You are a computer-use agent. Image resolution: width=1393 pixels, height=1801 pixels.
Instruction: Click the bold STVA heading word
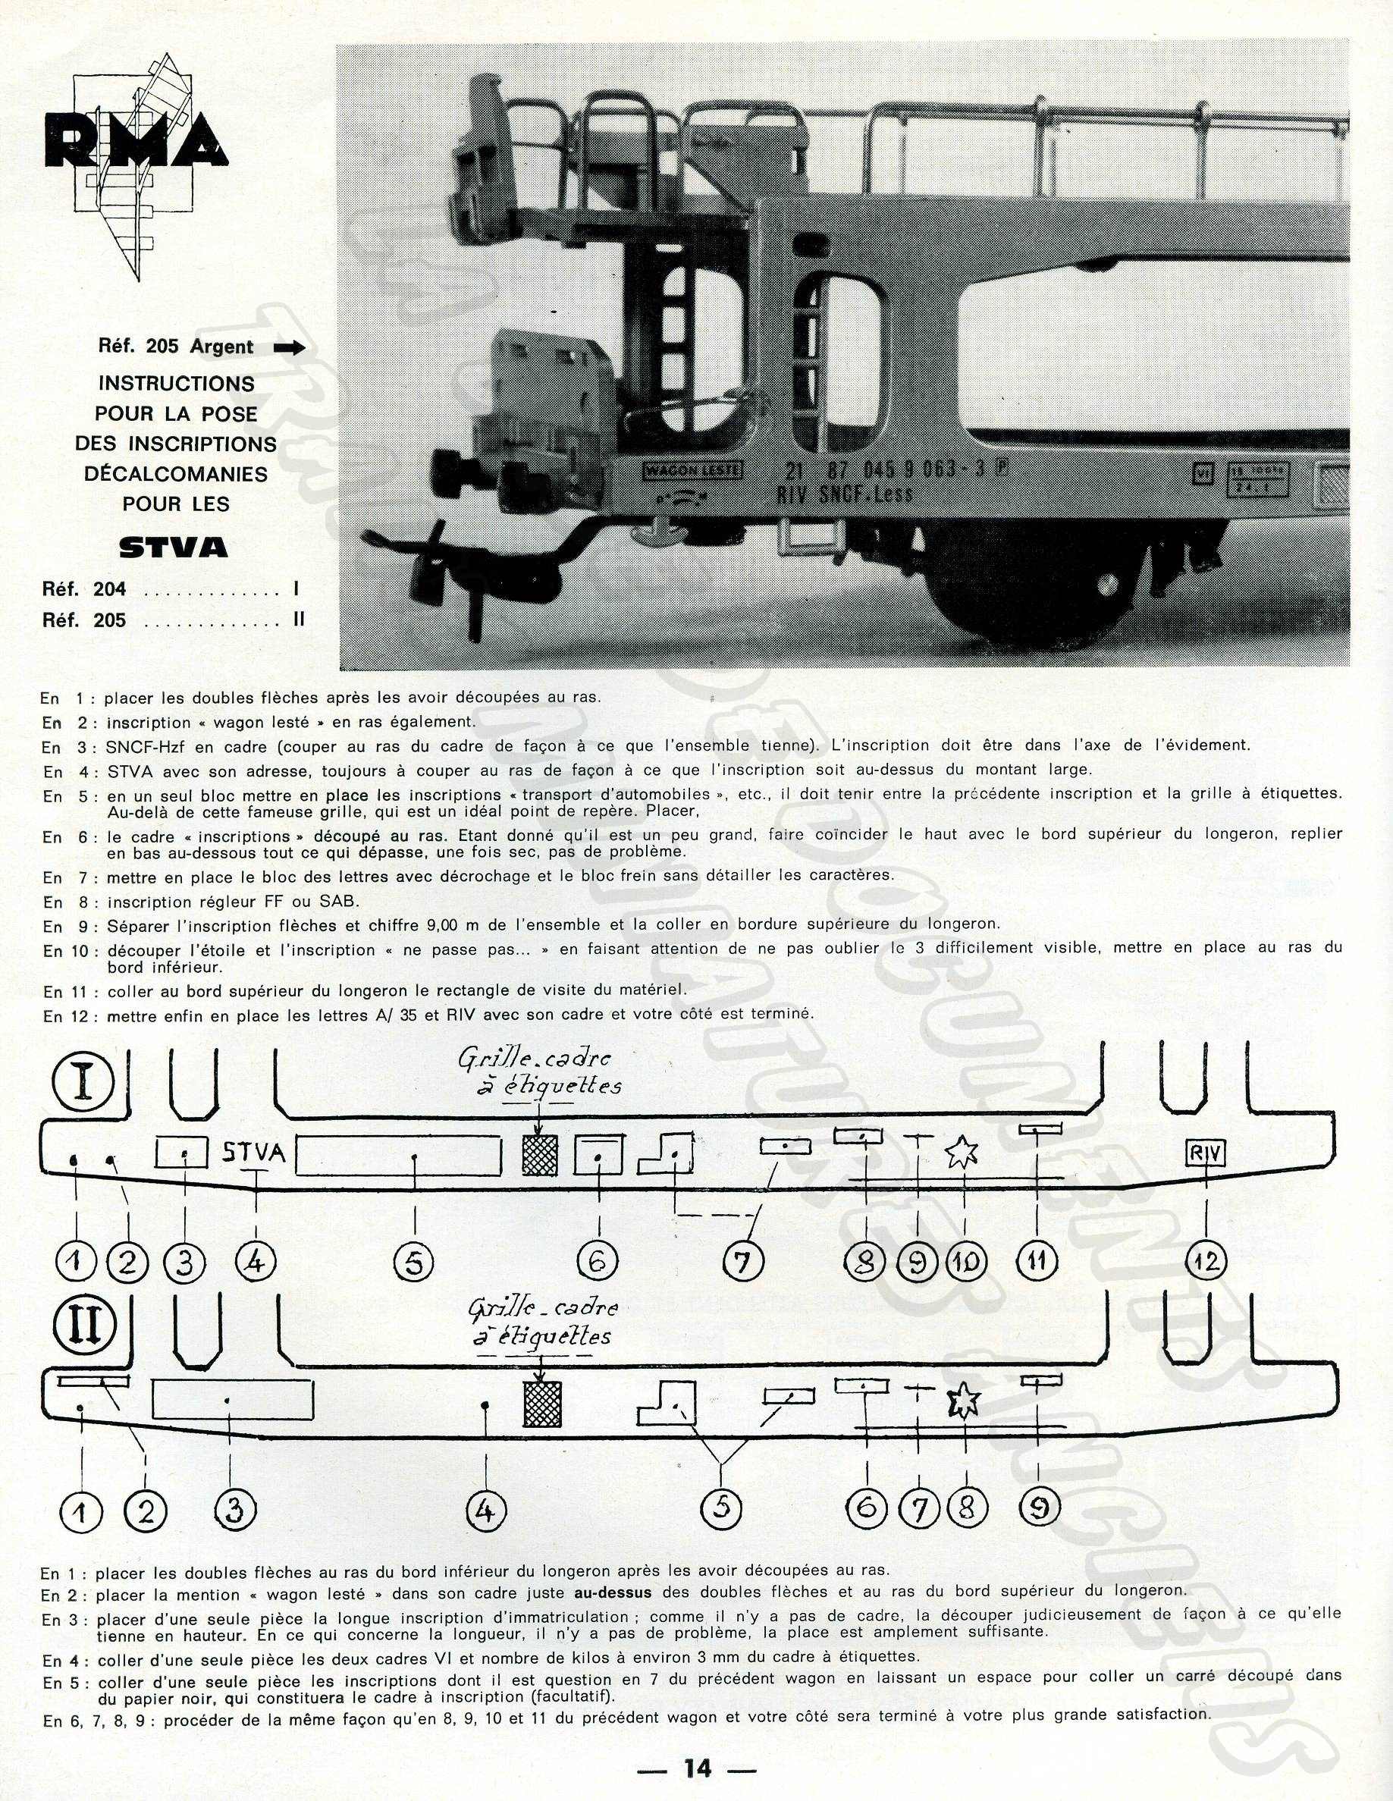[x=173, y=547]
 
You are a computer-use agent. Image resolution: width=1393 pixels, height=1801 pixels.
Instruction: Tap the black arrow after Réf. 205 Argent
[x=289, y=348]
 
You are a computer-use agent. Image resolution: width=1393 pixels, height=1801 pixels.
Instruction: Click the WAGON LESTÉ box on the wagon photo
[x=693, y=471]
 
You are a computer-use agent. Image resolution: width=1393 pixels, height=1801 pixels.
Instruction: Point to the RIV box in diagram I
[x=1205, y=1153]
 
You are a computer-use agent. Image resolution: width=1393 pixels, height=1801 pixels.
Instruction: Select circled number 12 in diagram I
[x=1206, y=1261]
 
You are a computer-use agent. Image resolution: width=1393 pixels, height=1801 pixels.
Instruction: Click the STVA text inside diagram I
[x=254, y=1152]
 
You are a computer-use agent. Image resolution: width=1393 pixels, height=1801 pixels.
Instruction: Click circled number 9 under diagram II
[x=1039, y=1508]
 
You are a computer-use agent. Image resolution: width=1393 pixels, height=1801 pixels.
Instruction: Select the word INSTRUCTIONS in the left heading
[x=177, y=384]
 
